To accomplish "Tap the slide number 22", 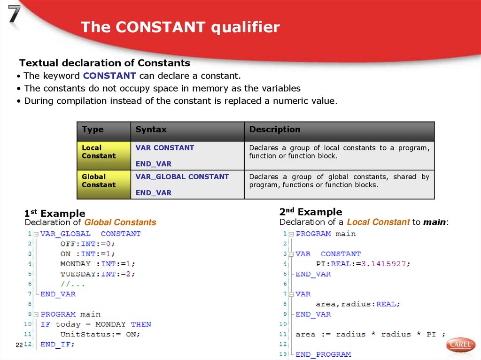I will (x=19, y=345).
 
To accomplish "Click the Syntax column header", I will (x=151, y=130).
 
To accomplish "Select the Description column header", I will (x=274, y=130).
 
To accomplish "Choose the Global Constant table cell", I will (x=99, y=181).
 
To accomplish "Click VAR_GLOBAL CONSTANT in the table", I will (x=182, y=177).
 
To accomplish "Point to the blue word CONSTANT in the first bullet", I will (x=109, y=76).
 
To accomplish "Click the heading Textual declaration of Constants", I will (x=104, y=63).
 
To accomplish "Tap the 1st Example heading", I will (x=55, y=214).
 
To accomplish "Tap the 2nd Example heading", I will (x=310, y=212).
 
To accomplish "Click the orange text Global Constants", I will (x=120, y=222).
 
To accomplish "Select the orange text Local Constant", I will (x=378, y=222).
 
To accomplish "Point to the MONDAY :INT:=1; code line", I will (x=97, y=264).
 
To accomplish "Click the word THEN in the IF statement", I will (x=141, y=324).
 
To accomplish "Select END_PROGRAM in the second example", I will (x=323, y=354).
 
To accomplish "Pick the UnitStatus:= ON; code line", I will (x=100, y=334).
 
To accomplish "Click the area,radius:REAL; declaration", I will (x=357, y=304).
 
